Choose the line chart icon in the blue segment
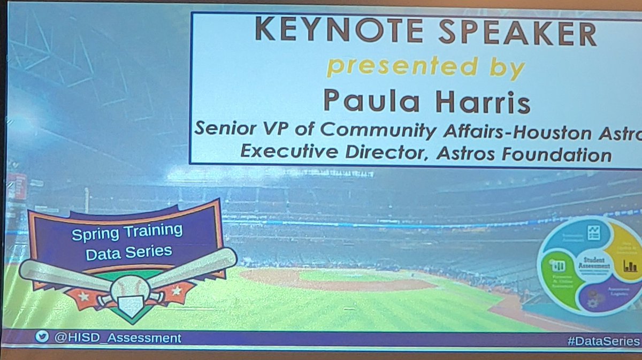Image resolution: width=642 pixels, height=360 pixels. point(593,233)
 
